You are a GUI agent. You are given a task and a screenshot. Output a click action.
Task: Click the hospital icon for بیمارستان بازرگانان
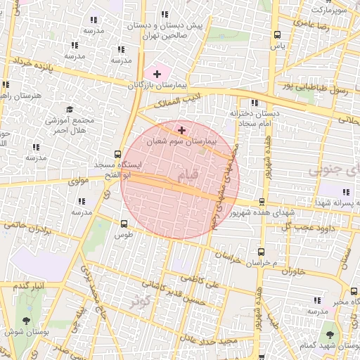click(156, 74)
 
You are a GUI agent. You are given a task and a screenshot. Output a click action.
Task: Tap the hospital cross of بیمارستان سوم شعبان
click(182, 130)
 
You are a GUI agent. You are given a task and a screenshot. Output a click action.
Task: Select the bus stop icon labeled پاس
click(278, 34)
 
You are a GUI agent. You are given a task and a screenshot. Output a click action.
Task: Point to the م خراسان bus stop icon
click(262, 252)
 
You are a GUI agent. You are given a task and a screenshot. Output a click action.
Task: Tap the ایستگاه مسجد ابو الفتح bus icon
click(117, 154)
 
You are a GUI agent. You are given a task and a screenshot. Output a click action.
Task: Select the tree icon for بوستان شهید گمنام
click(330, 335)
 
